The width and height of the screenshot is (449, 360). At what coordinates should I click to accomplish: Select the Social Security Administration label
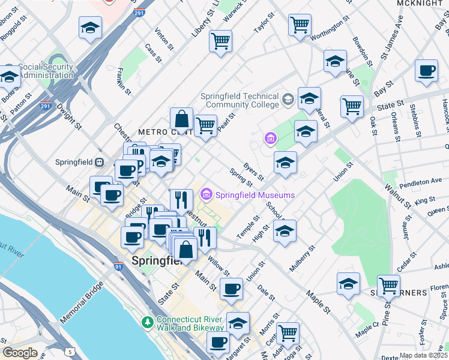coord(46,71)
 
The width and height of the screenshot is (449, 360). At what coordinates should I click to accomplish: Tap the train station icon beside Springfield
coord(100,162)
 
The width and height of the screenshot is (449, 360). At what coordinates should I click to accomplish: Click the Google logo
coord(20,353)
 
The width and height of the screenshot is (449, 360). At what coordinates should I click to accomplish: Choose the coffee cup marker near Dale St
coord(231,289)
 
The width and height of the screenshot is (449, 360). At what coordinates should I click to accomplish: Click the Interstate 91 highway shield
coord(119,265)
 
